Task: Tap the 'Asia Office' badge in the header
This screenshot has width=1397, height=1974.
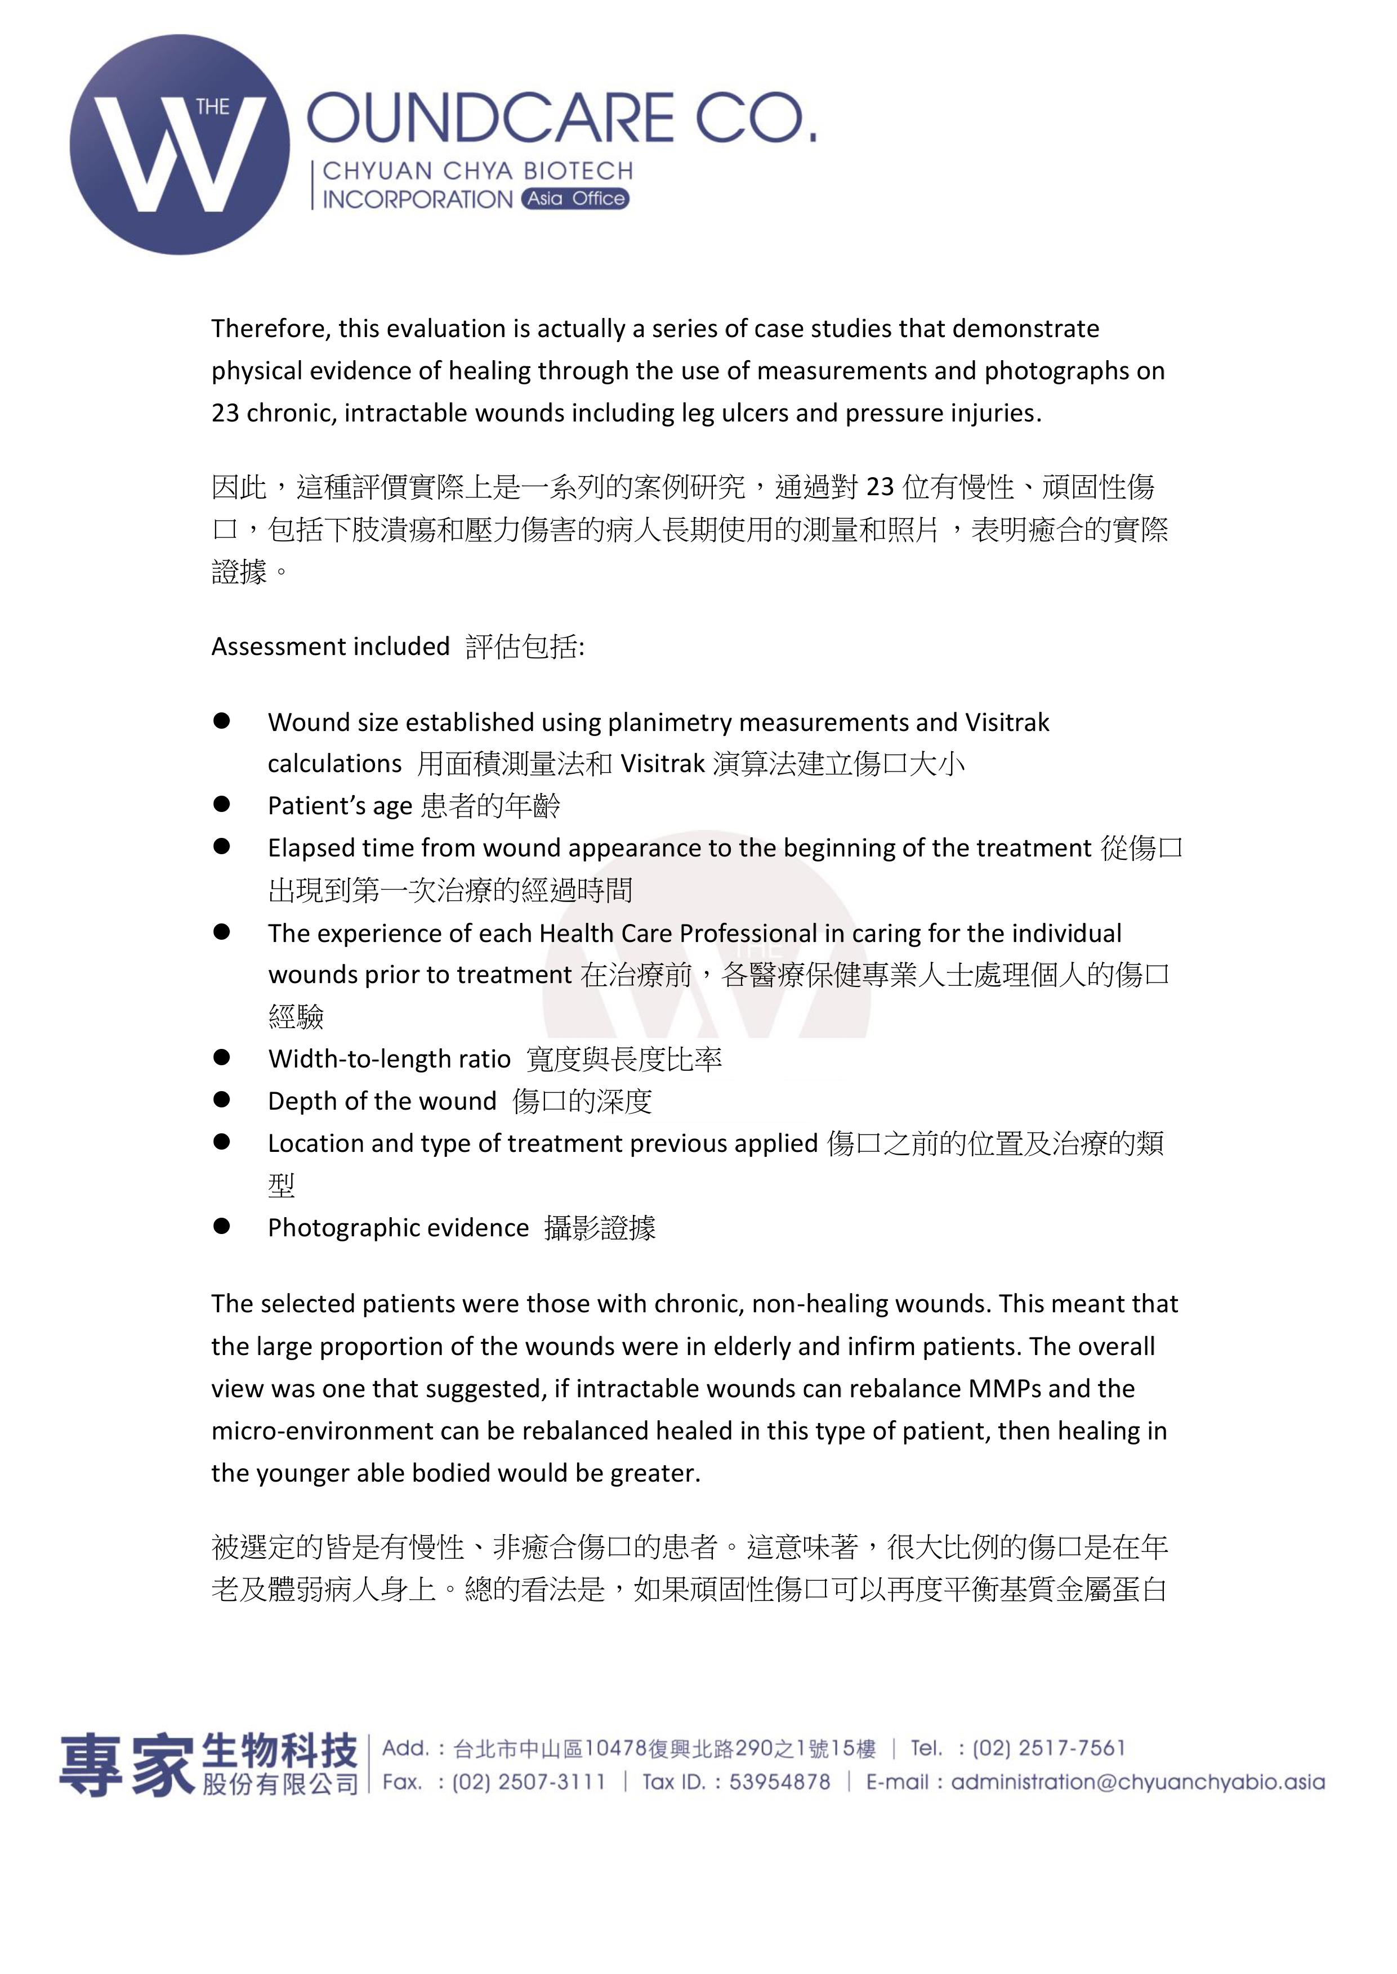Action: (575, 199)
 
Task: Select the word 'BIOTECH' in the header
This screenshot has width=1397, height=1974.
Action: (580, 171)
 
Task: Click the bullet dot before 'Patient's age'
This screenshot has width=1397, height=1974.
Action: (222, 804)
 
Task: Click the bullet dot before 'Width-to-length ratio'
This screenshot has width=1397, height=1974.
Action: (222, 1057)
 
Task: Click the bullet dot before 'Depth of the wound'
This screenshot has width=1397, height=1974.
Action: (222, 1099)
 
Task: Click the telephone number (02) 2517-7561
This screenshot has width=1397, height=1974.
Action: (1048, 1748)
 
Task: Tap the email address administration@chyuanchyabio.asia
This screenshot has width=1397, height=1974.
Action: (1137, 1782)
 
